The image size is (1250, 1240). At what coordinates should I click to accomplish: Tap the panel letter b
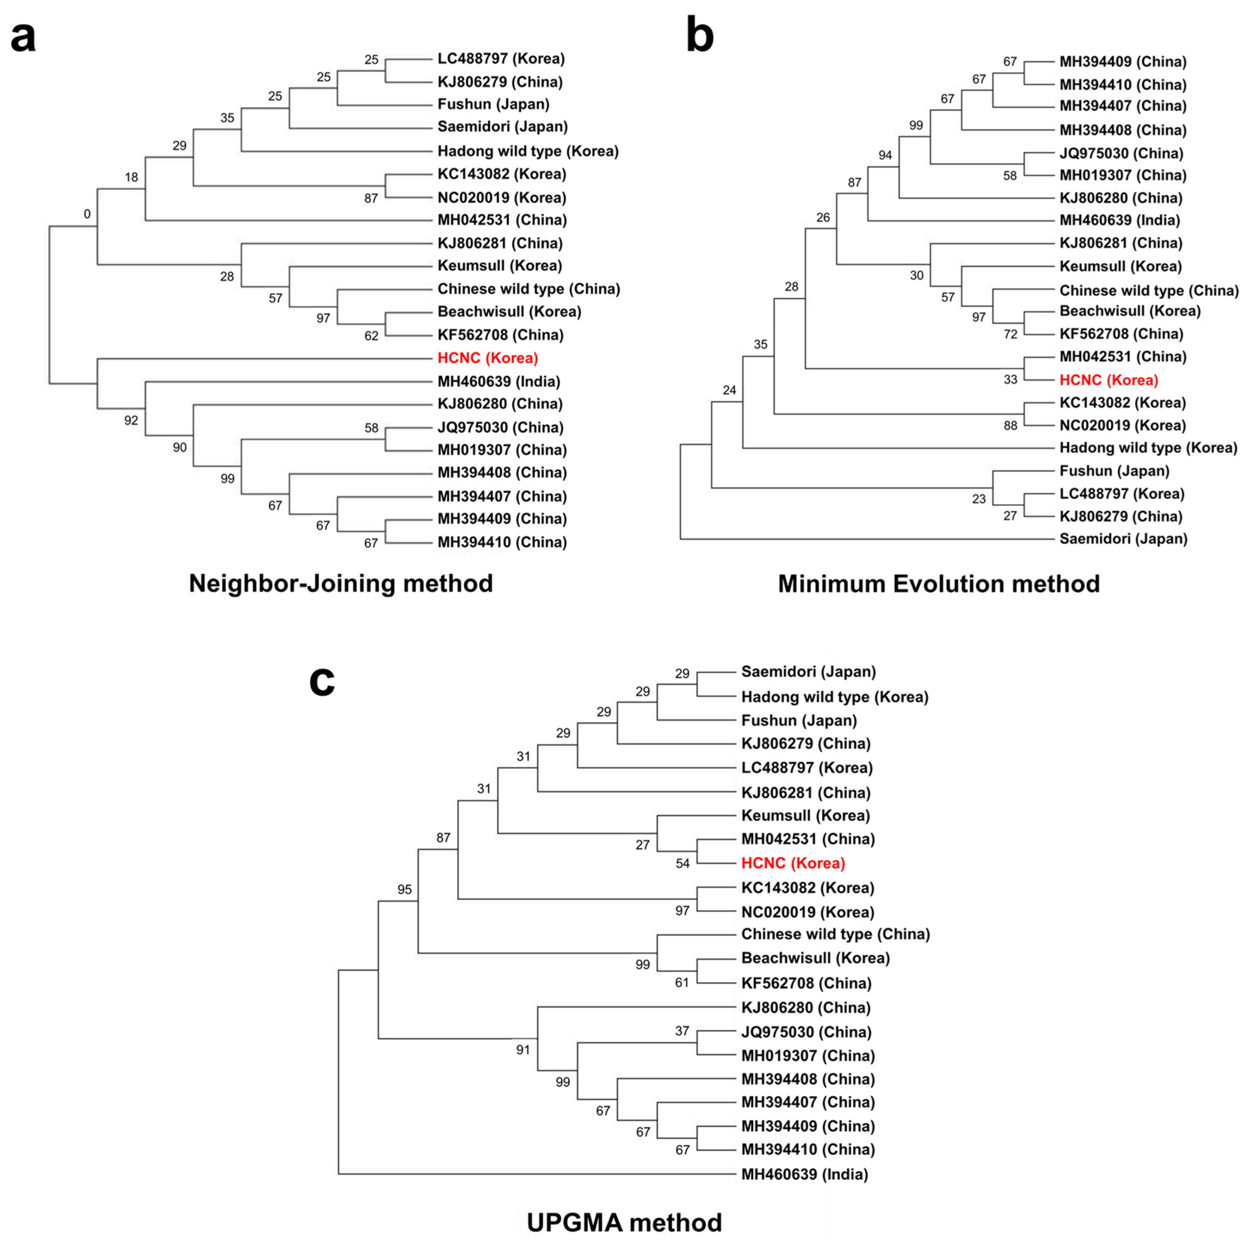coord(700,36)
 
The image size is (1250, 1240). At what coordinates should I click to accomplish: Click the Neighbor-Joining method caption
coord(340,584)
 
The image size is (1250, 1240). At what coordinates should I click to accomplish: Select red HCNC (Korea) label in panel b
coord(1108,380)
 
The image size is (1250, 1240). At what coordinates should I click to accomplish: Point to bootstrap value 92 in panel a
coord(131,420)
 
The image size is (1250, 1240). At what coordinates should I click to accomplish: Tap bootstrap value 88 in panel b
coord(1010,425)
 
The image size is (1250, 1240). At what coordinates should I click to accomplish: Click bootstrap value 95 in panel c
coord(404,889)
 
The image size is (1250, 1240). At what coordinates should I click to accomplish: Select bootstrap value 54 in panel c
coord(682,864)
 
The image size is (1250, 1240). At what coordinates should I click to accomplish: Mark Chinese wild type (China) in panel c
coord(835,934)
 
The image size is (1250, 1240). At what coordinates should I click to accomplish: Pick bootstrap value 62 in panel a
coord(371,336)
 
